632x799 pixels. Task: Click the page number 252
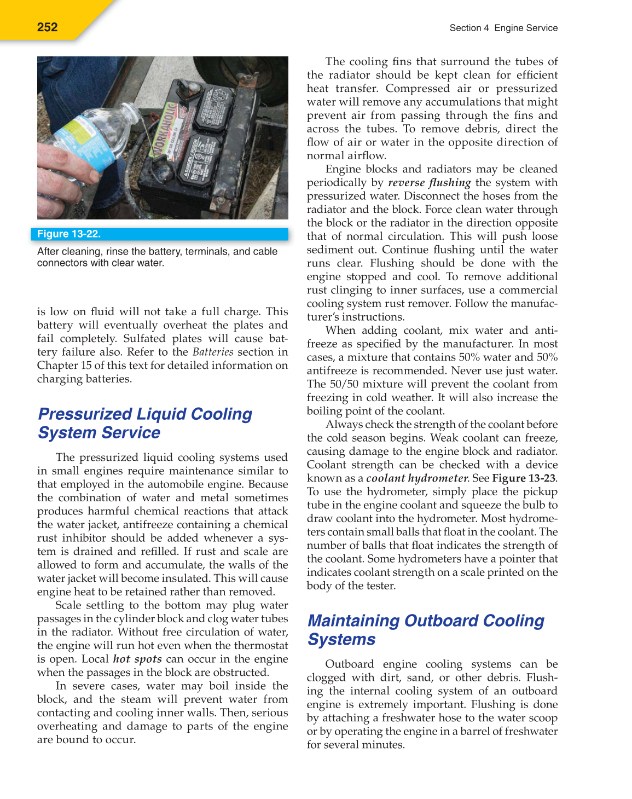click(48, 27)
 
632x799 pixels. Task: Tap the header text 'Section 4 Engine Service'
click(503, 28)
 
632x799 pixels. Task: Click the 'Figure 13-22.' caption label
click(69, 234)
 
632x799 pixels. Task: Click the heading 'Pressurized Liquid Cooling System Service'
click(145, 423)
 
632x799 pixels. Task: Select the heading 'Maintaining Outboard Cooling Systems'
click(426, 630)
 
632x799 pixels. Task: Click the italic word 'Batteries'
click(213, 352)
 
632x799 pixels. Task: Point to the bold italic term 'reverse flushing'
click(430, 183)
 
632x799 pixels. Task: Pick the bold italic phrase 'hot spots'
click(137, 659)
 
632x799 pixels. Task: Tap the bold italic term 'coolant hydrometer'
click(418, 478)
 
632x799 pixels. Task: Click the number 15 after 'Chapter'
click(87, 366)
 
